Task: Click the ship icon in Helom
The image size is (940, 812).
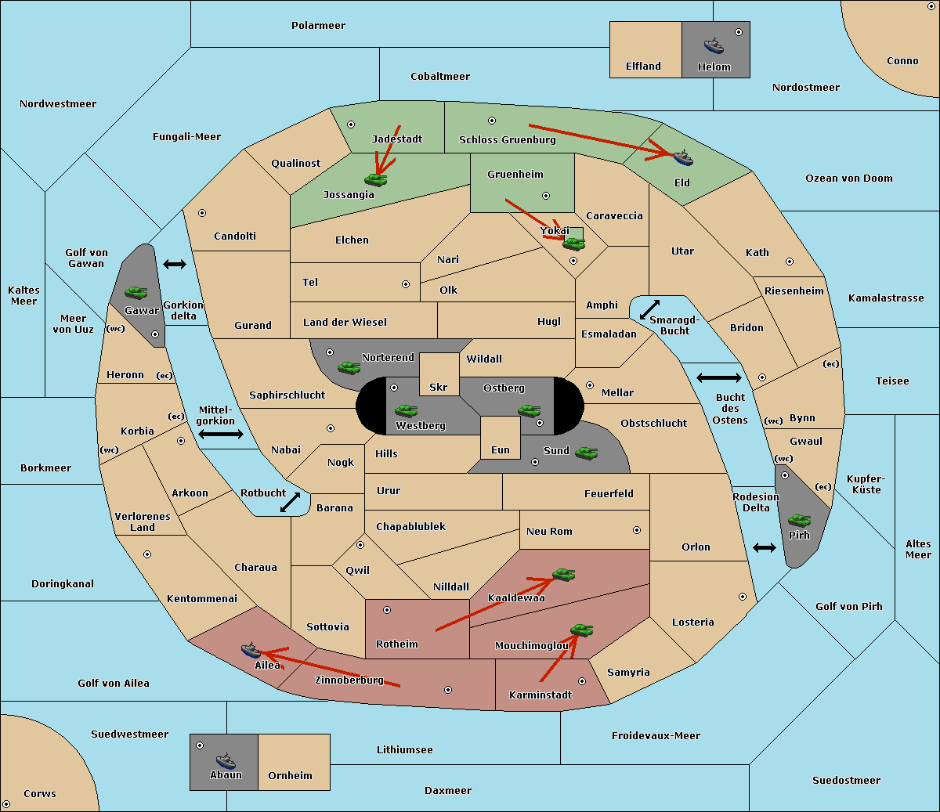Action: click(x=714, y=46)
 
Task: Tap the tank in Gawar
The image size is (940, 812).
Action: click(x=136, y=292)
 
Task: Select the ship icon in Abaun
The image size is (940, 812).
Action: click(x=226, y=761)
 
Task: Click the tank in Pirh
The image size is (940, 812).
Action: click(x=799, y=520)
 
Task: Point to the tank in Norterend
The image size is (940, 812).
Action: click(x=349, y=367)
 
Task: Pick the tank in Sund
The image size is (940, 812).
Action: click(x=586, y=453)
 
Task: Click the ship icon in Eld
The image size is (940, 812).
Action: click(x=682, y=157)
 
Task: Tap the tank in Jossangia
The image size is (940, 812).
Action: click(x=376, y=179)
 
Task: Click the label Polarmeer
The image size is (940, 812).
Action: click(x=318, y=26)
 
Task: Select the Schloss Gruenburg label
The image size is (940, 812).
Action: click(x=507, y=139)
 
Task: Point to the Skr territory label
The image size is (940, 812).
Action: click(x=438, y=387)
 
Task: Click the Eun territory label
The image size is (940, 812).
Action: click(x=501, y=449)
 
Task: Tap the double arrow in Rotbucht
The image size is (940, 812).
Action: click(x=290, y=502)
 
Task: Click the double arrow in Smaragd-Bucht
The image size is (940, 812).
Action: click(x=649, y=309)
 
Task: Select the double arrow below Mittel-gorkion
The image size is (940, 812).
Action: click(x=221, y=434)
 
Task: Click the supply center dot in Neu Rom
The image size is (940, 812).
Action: click(x=637, y=530)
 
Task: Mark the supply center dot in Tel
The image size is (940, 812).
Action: click(x=406, y=284)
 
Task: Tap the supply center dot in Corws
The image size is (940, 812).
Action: click(x=6, y=804)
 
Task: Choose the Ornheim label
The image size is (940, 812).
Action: click(x=290, y=775)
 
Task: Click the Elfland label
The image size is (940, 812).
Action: click(x=643, y=66)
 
